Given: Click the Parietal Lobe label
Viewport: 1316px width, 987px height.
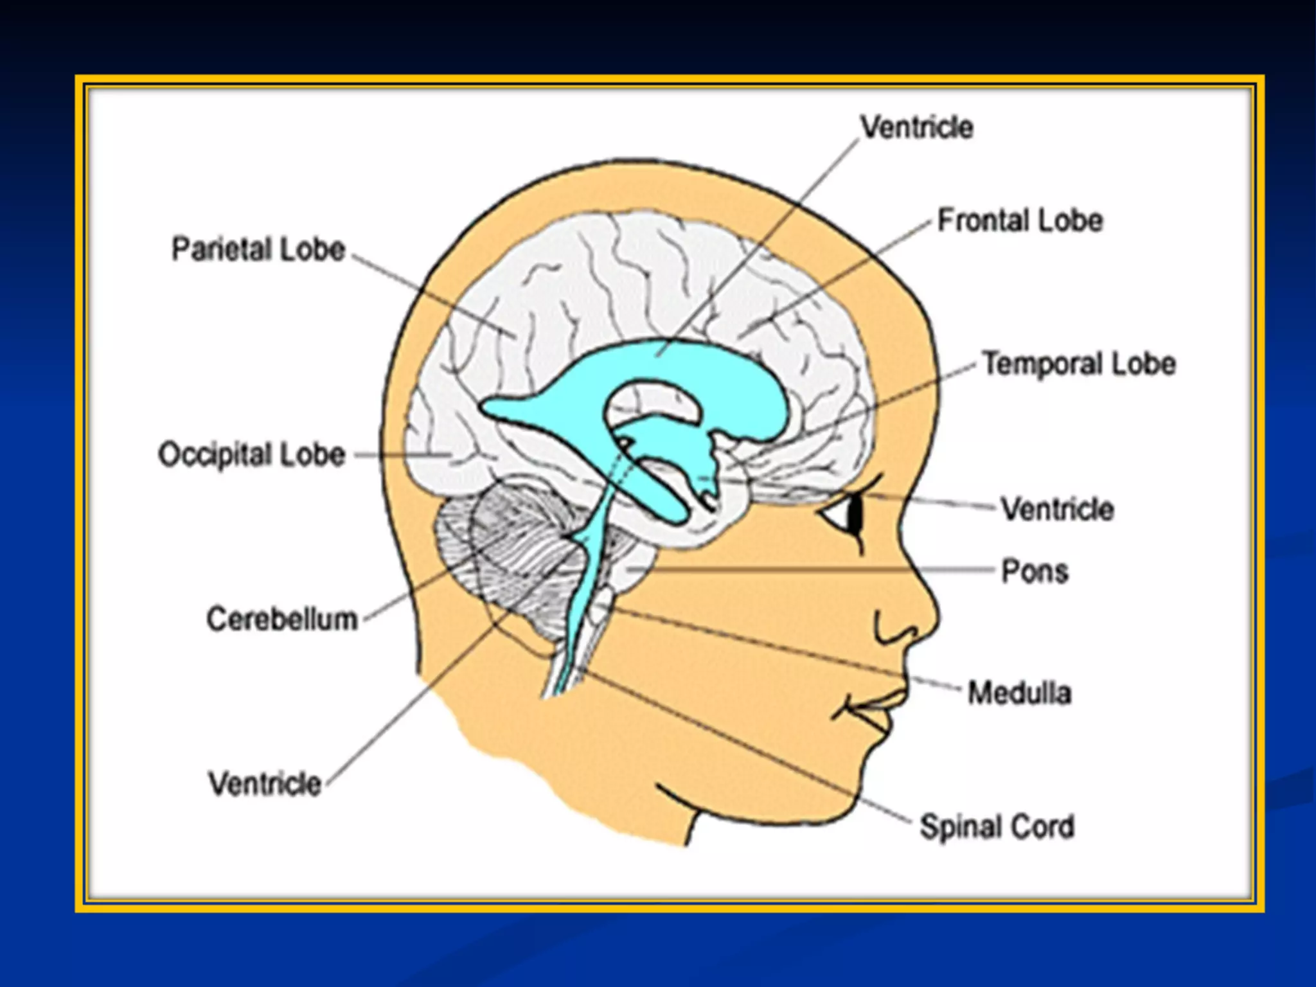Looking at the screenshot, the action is tap(258, 249).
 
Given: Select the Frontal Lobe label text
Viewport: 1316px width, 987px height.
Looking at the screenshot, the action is tap(1020, 220).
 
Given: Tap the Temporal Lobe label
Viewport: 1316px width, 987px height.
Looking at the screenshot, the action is tap(1079, 364).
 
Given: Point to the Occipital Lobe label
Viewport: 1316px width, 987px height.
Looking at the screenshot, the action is tap(252, 455).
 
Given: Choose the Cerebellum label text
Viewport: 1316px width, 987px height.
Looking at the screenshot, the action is tap(282, 619).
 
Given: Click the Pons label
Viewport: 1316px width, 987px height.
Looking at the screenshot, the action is tap(1035, 571).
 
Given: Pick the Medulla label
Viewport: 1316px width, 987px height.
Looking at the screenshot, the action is tap(1020, 693).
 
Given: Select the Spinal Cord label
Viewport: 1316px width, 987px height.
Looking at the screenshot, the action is tap(997, 827).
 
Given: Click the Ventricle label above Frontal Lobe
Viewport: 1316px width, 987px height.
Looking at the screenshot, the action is tap(917, 127).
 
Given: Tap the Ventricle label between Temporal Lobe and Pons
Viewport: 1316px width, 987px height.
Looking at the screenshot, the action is tap(1058, 510).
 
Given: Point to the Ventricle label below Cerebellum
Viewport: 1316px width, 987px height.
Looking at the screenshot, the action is tap(265, 784).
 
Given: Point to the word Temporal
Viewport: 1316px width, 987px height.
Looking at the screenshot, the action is tap(1042, 364).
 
